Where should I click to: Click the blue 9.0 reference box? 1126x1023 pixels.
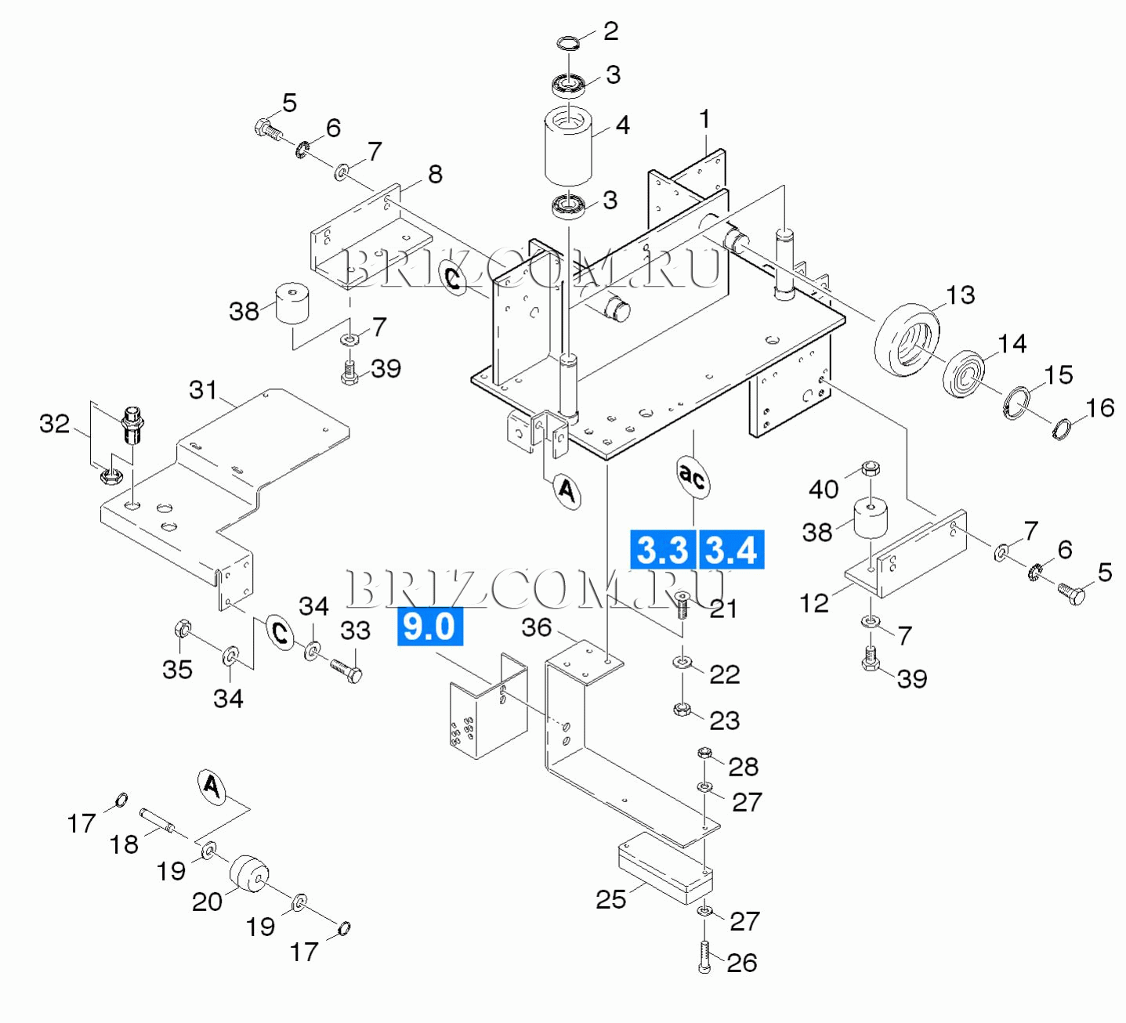click(430, 627)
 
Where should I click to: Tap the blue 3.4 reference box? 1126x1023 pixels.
click(731, 549)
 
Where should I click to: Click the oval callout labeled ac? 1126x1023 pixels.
click(693, 476)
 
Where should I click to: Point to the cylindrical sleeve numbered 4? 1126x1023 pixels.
click(568, 145)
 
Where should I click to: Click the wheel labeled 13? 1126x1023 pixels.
click(907, 338)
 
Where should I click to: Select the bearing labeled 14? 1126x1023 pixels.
click(964, 374)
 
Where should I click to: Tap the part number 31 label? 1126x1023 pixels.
click(203, 389)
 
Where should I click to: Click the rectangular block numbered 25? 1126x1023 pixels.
click(665, 869)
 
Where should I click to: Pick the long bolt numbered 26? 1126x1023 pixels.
click(704, 956)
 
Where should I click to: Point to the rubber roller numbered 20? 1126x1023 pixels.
click(249, 873)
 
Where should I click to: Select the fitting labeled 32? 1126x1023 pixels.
click(132, 425)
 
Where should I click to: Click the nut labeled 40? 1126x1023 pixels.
click(870, 469)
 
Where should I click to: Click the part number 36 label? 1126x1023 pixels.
click(537, 627)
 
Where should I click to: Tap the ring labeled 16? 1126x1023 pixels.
click(1061, 429)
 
